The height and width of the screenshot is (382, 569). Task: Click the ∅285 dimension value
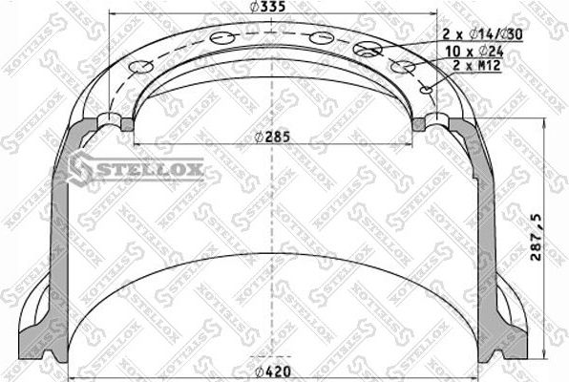(x=271, y=136)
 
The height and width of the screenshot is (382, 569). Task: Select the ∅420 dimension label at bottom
(x=272, y=371)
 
